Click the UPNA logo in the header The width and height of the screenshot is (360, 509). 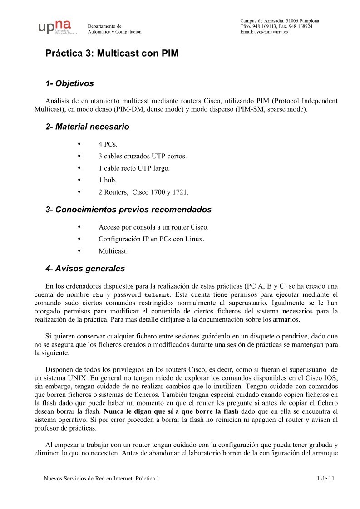(58, 27)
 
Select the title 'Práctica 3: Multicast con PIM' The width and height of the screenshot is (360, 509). (112, 54)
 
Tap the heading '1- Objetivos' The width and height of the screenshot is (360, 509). (69, 83)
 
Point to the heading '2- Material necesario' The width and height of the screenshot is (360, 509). (87, 127)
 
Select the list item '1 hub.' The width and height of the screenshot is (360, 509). (107, 180)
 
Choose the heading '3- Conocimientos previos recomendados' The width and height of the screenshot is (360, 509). (128, 210)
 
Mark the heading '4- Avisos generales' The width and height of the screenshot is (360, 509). (85, 269)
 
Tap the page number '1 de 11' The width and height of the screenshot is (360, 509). (325, 479)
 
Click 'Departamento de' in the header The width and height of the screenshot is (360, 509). (104, 26)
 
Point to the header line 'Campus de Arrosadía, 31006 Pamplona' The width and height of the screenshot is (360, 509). (279, 21)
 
